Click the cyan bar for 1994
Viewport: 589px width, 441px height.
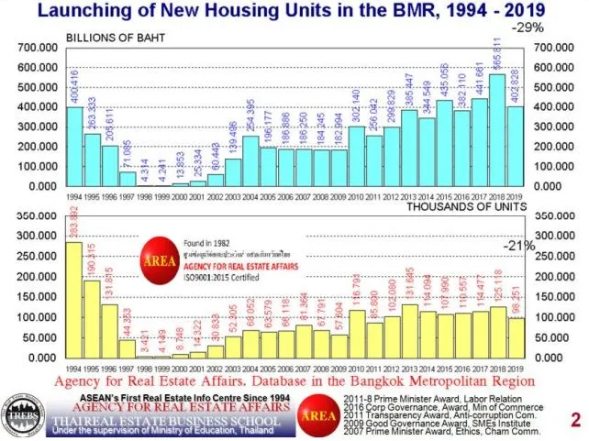(x=74, y=147)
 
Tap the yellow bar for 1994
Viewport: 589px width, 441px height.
(x=74, y=300)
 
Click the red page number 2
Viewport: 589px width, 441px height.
(x=575, y=421)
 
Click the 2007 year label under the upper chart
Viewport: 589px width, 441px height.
(x=303, y=197)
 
